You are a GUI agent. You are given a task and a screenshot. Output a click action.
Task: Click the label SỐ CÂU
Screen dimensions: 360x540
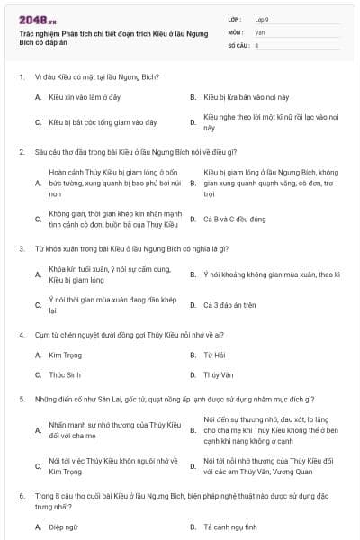coord(238,44)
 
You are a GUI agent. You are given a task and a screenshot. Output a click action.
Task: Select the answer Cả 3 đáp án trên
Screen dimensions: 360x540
coord(230,304)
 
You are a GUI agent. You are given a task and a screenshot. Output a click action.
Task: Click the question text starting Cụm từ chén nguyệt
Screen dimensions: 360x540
coord(117,334)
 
